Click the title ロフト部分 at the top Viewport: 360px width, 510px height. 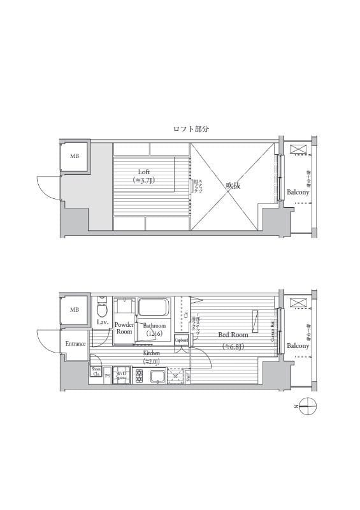point(192,129)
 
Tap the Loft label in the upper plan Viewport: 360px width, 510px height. point(145,171)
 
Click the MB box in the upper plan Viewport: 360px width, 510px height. point(75,156)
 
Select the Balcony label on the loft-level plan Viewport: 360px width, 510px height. point(298,192)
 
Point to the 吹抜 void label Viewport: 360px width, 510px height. point(232,186)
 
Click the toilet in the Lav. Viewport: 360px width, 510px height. point(101,310)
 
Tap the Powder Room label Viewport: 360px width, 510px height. point(124,328)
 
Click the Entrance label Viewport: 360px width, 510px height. point(75,344)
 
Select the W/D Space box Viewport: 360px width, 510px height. point(122,375)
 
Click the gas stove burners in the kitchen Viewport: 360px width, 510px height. point(139,375)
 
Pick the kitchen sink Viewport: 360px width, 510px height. point(157,376)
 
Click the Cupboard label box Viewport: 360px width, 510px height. point(181,340)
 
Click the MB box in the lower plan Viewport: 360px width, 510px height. point(75,310)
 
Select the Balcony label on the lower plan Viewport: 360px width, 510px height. point(298,346)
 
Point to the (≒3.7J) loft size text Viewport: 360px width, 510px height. point(145,181)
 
